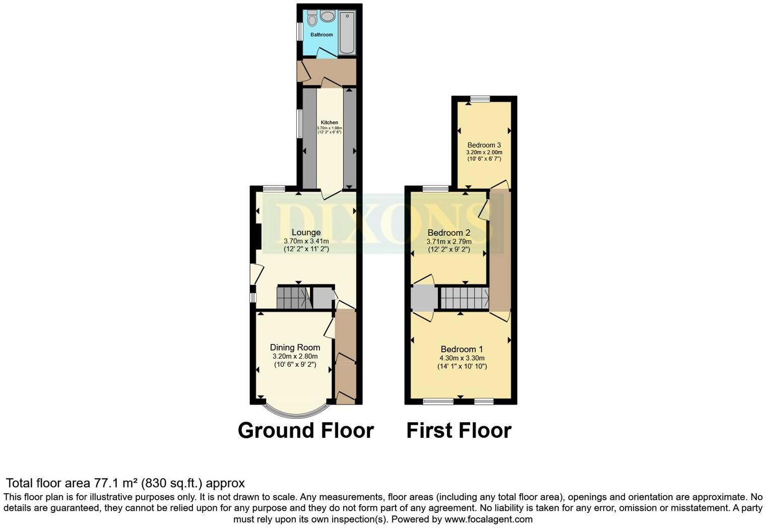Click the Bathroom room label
tap(322, 35)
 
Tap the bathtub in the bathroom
tap(347, 33)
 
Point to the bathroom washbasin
tap(328, 16)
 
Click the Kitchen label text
tap(330, 122)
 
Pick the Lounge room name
tap(306, 232)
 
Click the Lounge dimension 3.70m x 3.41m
tap(306, 241)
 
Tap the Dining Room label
tap(295, 347)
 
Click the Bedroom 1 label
tap(462, 349)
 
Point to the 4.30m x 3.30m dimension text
tap(462, 358)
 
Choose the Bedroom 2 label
tap(449, 233)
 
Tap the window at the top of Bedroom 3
tap(480, 99)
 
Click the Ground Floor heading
tap(305, 431)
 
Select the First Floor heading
tap(459, 431)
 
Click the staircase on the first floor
tap(464, 298)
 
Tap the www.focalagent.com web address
tap(488, 519)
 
